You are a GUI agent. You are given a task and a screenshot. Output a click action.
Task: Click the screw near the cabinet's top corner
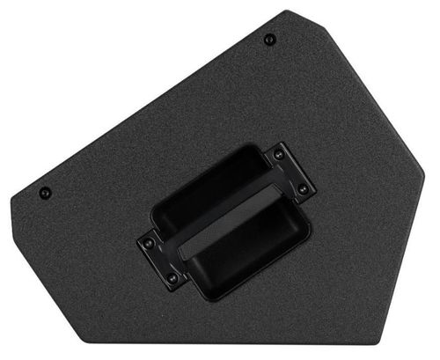pyautogui.click(x=269, y=39)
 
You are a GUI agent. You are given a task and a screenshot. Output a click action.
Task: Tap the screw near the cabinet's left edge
pyautogui.click(x=45, y=193)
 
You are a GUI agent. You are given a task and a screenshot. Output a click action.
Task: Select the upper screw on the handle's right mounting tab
pyautogui.click(x=279, y=155)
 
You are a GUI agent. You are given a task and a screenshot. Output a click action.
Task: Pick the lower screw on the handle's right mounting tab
pyautogui.click(x=303, y=188)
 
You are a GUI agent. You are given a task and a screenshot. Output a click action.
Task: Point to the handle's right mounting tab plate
pyautogui.click(x=290, y=173)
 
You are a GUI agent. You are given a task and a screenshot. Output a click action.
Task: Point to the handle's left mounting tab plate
pyautogui.click(x=160, y=261)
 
